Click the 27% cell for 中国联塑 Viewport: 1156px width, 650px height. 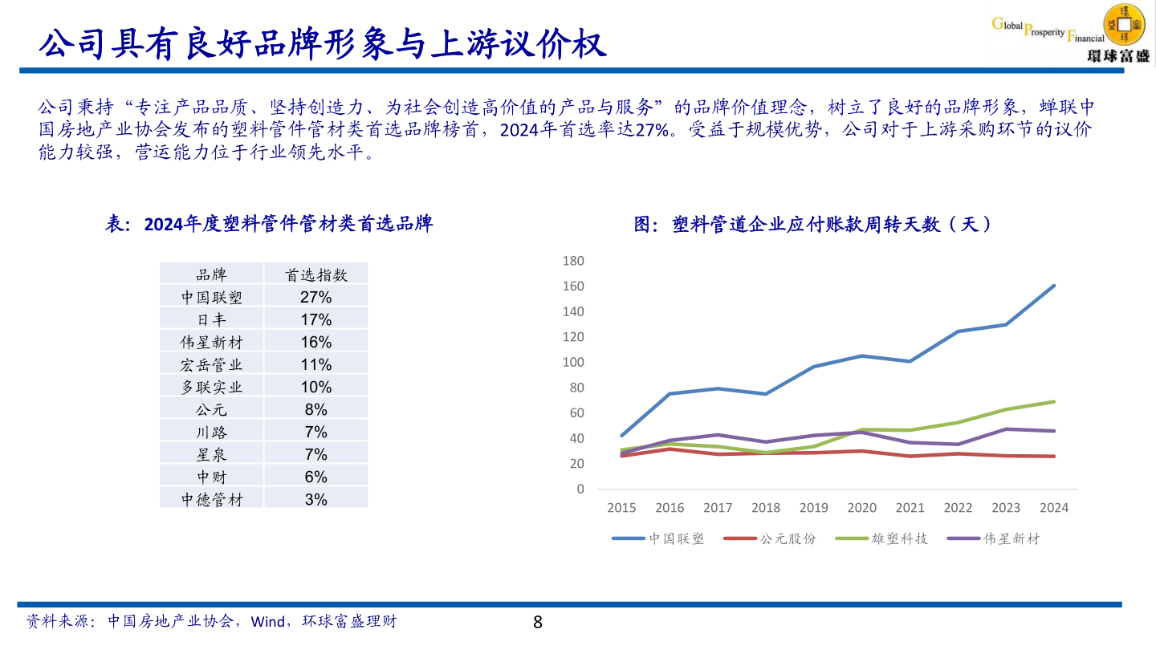coord(316,297)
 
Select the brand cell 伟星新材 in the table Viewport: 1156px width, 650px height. coord(212,342)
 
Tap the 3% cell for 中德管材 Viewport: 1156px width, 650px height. coord(316,499)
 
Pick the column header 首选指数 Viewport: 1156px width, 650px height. coord(316,274)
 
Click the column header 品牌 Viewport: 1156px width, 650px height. coord(212,274)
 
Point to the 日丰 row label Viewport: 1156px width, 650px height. coord(212,319)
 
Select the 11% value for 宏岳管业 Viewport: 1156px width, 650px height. coord(316,364)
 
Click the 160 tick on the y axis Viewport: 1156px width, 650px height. coord(573,286)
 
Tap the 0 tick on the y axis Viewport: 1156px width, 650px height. coord(580,489)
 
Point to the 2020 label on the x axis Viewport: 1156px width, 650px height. coord(861,508)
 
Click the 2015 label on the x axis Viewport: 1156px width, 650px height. coord(621,508)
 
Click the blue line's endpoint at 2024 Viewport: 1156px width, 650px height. coord(1053,286)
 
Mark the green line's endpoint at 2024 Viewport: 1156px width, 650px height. coord(1053,401)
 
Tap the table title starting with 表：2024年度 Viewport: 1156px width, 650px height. coord(269,224)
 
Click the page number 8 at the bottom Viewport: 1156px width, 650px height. coord(538,622)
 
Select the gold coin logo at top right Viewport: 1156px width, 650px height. coord(1124,24)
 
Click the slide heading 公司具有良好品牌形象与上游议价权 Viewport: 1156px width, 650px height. coord(321,44)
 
